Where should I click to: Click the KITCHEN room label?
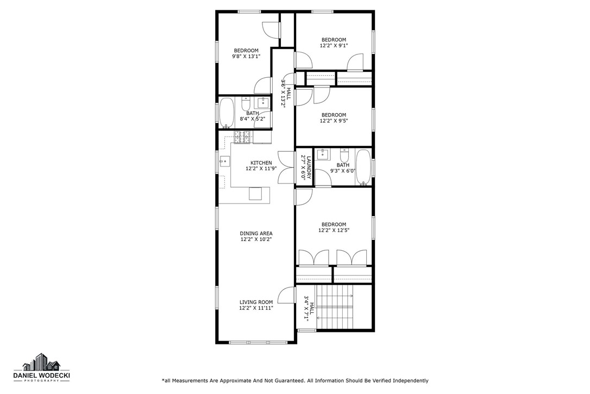pos(261,163)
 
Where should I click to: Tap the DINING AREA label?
pos(256,233)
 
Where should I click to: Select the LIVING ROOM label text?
pos(256,302)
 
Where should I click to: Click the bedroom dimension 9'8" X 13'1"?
pos(246,56)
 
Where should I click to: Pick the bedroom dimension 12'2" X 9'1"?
pos(334,45)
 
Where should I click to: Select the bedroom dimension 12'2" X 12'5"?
pos(334,230)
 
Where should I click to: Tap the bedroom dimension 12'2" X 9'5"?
pos(334,121)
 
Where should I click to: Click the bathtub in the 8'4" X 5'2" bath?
pos(227,113)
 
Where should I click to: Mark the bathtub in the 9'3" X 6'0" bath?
pos(363,168)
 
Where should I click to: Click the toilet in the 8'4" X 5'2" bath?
pos(246,103)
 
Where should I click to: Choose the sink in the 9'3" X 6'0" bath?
pos(323,154)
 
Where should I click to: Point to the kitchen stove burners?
pos(242,137)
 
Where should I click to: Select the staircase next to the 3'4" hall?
pos(335,307)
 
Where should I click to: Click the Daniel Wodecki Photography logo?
pos(41,369)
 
